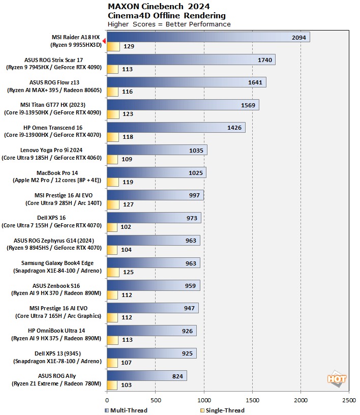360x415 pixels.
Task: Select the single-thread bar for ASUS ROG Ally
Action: coord(112,385)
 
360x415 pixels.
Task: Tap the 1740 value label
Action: coord(265,60)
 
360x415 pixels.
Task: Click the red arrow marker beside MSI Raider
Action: coord(104,41)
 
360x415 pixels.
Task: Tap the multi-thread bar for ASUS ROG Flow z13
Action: coord(186,82)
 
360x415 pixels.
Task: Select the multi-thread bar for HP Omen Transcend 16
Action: coord(176,127)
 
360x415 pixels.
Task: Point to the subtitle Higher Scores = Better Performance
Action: coord(169,24)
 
